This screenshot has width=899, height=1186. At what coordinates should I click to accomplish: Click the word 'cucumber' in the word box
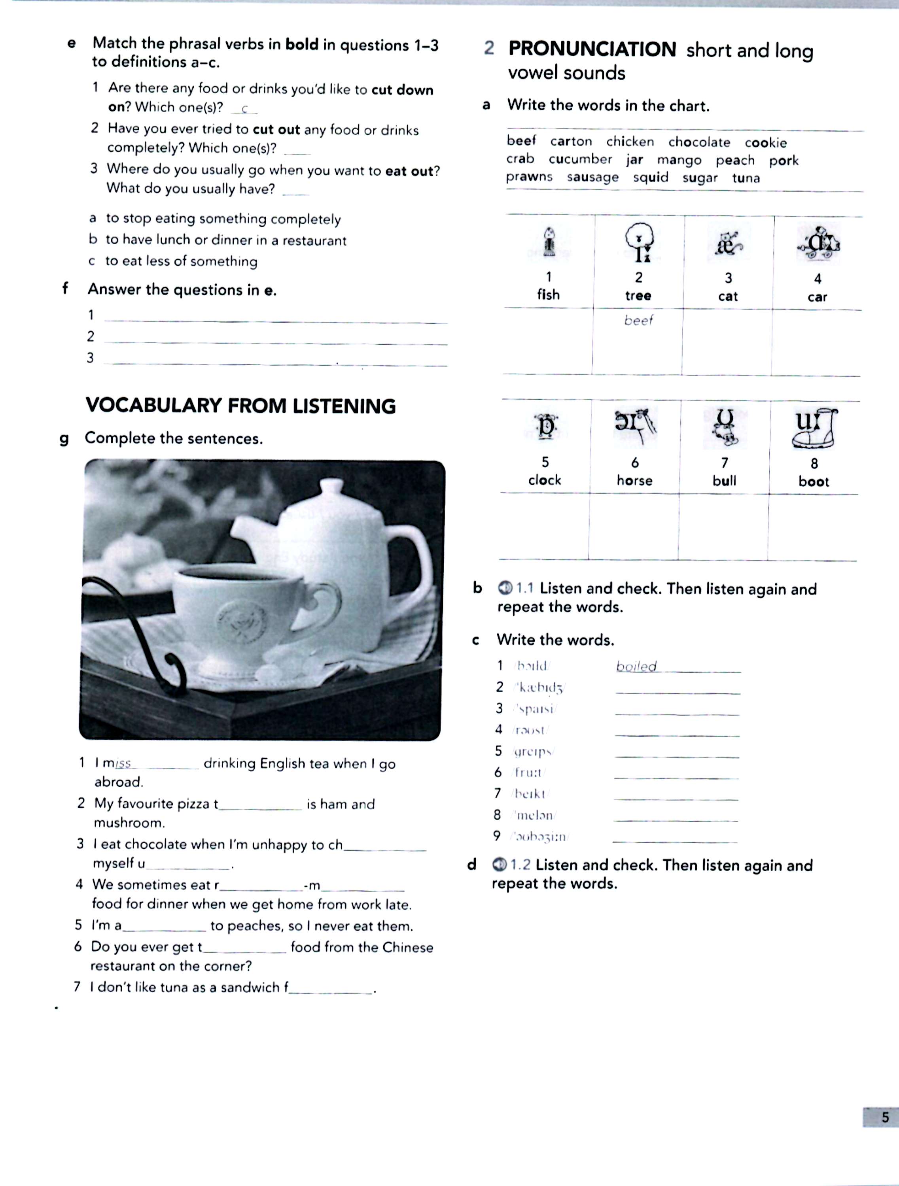point(580,159)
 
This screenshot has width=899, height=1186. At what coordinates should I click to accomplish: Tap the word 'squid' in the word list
point(651,177)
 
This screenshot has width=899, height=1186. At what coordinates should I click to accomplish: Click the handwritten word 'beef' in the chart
point(638,320)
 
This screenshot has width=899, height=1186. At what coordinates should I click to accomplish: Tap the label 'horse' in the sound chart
point(634,480)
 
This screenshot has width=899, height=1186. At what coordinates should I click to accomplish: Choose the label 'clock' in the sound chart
point(545,480)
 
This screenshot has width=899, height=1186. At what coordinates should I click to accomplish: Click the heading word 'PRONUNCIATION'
point(592,49)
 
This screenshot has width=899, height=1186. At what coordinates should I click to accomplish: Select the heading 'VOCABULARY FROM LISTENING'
point(240,406)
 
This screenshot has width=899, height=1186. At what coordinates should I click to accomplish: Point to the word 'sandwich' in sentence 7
point(250,987)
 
